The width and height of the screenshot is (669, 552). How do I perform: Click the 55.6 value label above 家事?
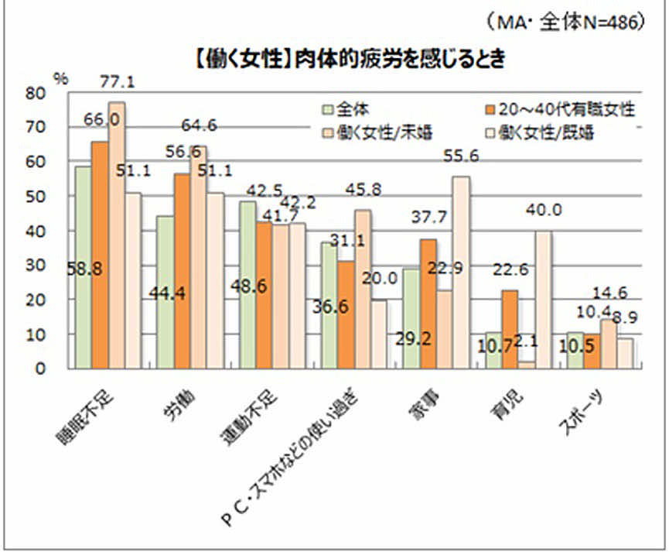[x=462, y=156]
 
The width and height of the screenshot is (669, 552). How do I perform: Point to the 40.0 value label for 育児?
[x=544, y=210]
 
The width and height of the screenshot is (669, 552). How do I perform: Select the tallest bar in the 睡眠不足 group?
[x=117, y=235]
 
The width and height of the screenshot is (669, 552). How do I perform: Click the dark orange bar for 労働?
[x=183, y=271]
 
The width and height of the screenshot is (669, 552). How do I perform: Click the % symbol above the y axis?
[x=59, y=78]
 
